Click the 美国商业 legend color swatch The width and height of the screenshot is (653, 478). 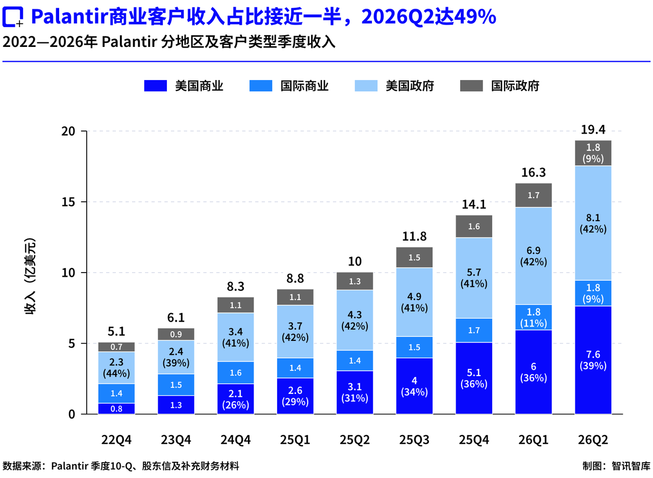click(x=156, y=86)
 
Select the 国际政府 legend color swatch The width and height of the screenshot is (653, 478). click(x=471, y=86)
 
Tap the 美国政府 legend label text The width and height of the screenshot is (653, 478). click(x=410, y=86)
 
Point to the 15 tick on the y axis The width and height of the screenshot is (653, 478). click(x=68, y=202)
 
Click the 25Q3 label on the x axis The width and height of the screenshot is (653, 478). click(x=414, y=440)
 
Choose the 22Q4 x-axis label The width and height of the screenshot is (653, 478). click(x=116, y=440)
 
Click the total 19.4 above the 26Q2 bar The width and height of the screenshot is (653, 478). click(x=593, y=129)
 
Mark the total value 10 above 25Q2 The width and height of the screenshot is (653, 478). click(x=355, y=261)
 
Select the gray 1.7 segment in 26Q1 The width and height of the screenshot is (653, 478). click(x=534, y=195)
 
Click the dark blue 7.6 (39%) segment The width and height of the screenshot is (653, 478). click(x=593, y=360)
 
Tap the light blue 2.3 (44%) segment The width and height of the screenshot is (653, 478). click(x=116, y=368)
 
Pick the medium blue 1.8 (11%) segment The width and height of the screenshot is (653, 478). click(x=534, y=317)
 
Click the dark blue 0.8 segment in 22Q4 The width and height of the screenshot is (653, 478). click(x=116, y=409)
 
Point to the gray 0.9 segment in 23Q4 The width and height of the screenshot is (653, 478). click(x=176, y=334)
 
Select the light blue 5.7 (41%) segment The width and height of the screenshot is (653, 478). click(x=474, y=278)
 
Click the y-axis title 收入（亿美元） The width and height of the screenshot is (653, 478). click(x=30, y=276)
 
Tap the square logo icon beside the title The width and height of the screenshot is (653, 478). click(x=13, y=17)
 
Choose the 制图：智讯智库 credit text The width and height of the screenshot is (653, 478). click(x=616, y=466)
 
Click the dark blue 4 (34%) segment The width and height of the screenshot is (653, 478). click(x=414, y=386)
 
